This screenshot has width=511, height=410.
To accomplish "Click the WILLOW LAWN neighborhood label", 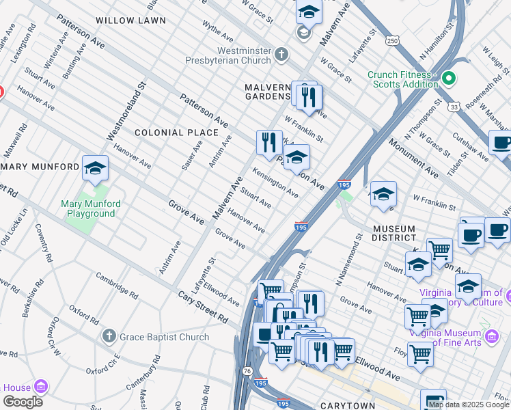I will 130,20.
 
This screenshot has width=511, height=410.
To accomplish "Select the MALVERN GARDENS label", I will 268,92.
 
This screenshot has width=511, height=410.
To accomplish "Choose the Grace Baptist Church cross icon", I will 108,336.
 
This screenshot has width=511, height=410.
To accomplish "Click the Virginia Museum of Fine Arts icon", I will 490,336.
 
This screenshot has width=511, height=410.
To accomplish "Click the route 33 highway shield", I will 454,107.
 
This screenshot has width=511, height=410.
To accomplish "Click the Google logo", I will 23,402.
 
